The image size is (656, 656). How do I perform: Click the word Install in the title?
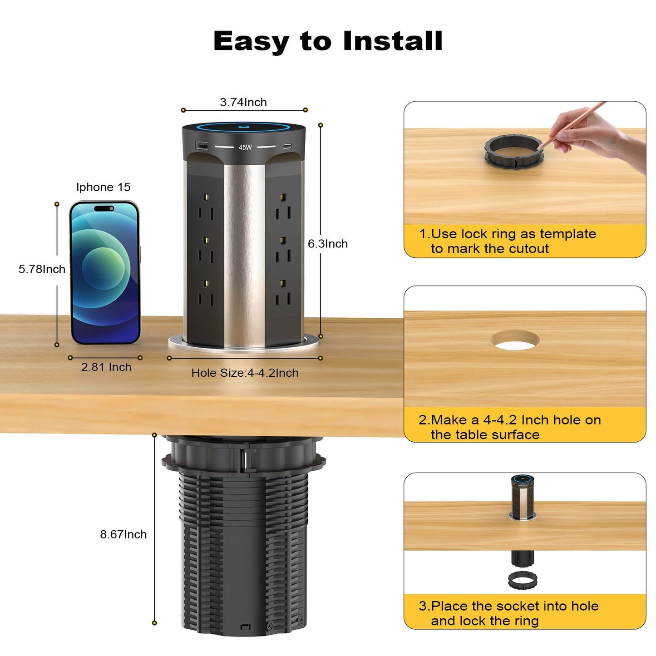pyautogui.click(x=392, y=41)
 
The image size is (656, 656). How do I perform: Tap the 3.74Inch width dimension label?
pyautogui.click(x=243, y=103)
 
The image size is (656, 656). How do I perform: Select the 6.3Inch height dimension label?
pyautogui.click(x=328, y=244)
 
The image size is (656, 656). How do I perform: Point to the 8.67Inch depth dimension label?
pyautogui.click(x=123, y=534)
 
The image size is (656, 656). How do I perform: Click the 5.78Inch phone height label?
pyautogui.click(x=42, y=269)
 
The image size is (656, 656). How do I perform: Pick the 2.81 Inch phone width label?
pyautogui.click(x=106, y=367)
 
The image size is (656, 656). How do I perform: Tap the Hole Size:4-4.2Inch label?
pyautogui.click(x=245, y=373)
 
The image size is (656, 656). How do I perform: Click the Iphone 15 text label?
pyautogui.click(x=103, y=187)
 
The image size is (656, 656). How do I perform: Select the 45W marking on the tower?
pyautogui.click(x=245, y=148)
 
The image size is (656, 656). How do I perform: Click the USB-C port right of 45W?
pyautogui.click(x=287, y=146)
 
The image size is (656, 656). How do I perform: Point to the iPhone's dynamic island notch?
pyautogui.click(x=104, y=209)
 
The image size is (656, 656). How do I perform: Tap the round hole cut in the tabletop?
pyautogui.click(x=515, y=341)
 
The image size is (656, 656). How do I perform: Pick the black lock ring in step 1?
pyautogui.click(x=513, y=150)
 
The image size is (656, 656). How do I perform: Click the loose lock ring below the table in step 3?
pyautogui.click(x=523, y=580)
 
